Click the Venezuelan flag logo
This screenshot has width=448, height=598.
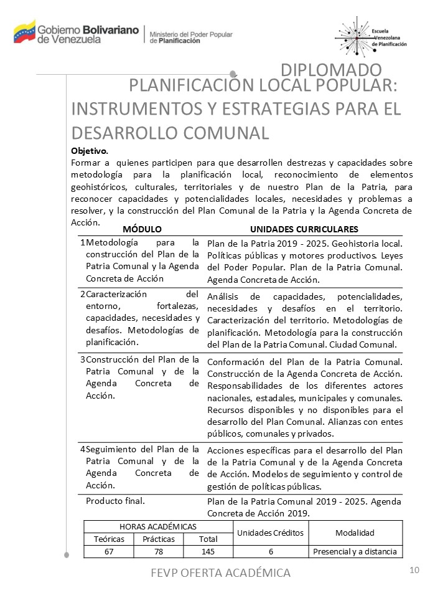click(x=25, y=31)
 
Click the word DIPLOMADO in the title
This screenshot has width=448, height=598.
click(x=331, y=70)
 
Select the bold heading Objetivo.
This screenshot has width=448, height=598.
click(x=90, y=151)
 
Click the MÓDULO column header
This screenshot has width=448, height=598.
click(x=142, y=229)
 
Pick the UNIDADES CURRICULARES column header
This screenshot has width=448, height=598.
click(x=304, y=229)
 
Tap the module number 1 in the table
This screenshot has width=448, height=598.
click(x=83, y=242)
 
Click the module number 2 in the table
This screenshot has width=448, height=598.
click(x=83, y=294)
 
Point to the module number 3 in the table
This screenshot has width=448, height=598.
click(x=83, y=359)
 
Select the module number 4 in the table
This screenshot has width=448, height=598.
click(x=83, y=449)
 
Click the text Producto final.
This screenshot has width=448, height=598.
click(x=115, y=501)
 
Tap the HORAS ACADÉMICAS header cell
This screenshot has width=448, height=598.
click(x=158, y=527)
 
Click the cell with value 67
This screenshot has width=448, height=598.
click(x=109, y=552)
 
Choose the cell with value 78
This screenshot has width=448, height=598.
click(x=158, y=552)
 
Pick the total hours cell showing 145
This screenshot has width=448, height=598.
click(x=208, y=552)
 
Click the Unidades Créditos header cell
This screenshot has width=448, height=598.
click(x=271, y=533)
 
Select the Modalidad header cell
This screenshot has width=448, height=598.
click(x=355, y=533)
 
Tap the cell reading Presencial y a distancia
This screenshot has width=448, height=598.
click(x=355, y=552)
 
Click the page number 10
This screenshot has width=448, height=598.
click(x=415, y=570)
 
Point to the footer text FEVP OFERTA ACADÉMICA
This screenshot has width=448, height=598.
click(x=221, y=572)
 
